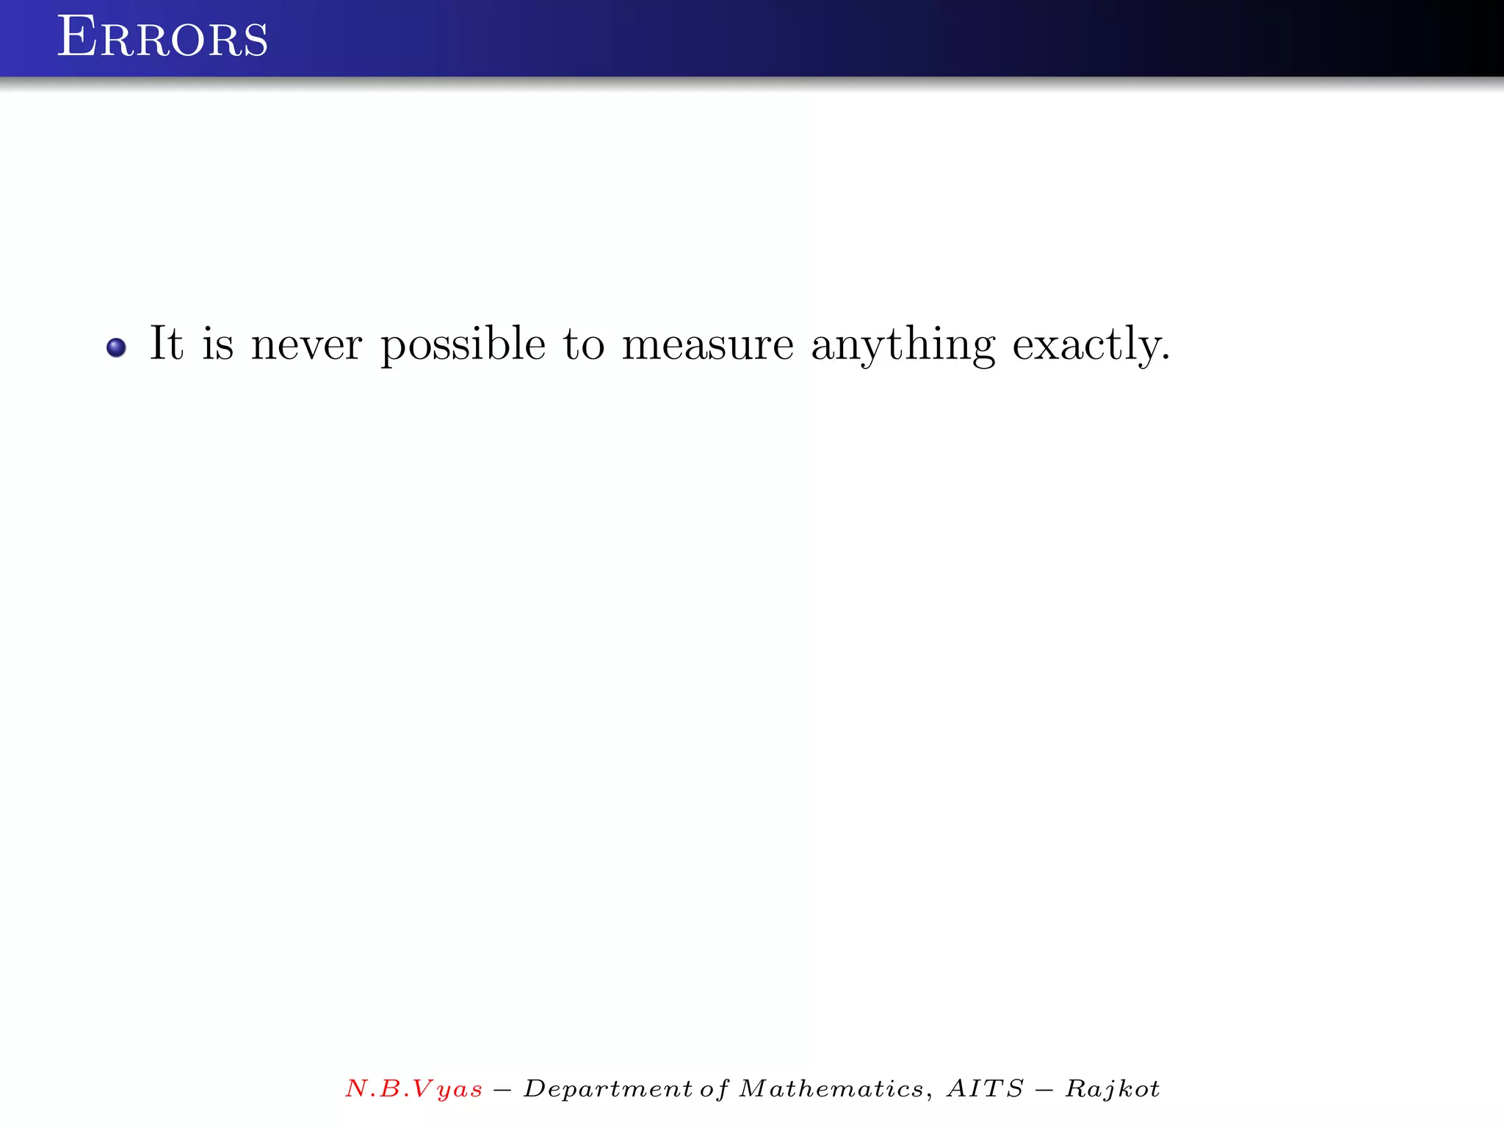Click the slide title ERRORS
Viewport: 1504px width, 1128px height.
tap(162, 37)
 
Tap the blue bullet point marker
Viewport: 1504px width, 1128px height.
tap(116, 347)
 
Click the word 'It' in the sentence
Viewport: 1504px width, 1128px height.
tap(166, 343)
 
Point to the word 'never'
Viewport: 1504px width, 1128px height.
tap(306, 345)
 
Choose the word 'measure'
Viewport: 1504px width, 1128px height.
tap(707, 345)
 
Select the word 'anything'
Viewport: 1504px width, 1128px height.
tap(903, 345)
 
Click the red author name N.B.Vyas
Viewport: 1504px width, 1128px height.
tap(413, 1088)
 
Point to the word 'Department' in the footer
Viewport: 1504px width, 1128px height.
tap(607, 1088)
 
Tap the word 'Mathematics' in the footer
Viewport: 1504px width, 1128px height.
tap(831, 1088)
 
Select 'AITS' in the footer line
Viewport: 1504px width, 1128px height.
tap(985, 1088)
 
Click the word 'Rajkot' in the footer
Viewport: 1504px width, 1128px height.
tap(1113, 1088)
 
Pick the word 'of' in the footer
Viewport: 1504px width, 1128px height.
tap(714, 1088)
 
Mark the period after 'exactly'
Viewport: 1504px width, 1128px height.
tap(1166, 359)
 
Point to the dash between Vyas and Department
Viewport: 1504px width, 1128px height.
tap(502, 1089)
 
